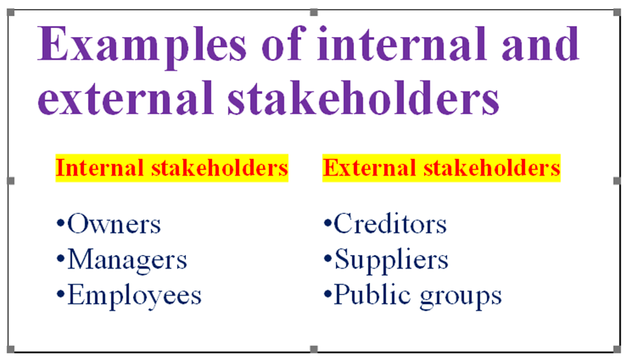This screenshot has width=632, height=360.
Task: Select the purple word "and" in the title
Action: pos(540,44)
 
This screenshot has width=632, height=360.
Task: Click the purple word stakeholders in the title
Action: pos(363,97)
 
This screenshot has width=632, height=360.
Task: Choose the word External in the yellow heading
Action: pos(369,168)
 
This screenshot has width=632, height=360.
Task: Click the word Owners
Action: pos(114,224)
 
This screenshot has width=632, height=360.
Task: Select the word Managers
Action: pos(127,260)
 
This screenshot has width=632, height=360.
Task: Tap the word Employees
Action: pos(134,296)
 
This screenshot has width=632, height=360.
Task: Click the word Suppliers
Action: pos(392,260)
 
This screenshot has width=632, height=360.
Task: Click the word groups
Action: pos(461,298)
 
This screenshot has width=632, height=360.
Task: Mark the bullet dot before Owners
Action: pos(60,223)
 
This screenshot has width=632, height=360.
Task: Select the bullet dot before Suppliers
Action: pos(328,258)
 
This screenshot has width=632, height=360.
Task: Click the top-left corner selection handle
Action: pos(11,12)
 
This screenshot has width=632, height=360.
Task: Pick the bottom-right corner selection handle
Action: pos(617,349)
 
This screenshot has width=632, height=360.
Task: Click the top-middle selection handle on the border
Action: pos(314,12)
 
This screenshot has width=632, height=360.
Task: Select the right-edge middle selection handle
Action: pos(617,181)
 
